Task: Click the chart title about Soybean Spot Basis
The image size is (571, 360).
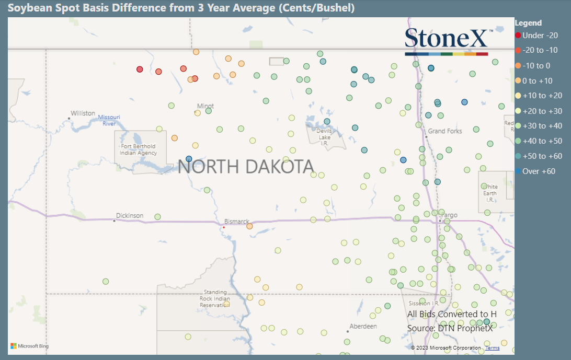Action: click(181, 8)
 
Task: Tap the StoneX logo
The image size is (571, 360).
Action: click(447, 41)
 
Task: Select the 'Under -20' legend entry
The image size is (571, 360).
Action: click(540, 36)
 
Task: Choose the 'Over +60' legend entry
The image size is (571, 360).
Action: click(539, 171)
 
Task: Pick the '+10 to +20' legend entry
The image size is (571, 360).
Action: click(542, 96)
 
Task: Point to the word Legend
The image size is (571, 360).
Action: click(528, 23)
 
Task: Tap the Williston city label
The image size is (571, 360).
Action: click(83, 113)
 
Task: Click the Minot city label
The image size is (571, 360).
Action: click(205, 106)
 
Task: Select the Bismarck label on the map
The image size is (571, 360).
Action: click(237, 222)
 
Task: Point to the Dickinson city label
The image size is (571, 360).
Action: click(130, 216)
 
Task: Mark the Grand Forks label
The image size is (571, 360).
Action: click(445, 131)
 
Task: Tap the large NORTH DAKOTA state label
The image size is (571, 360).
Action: click(246, 167)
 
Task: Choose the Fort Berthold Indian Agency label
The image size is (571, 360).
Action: click(139, 149)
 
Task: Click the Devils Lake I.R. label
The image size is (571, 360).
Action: click(325, 137)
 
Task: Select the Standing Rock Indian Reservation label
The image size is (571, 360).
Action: click(215, 298)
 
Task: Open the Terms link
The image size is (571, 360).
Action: click(492, 348)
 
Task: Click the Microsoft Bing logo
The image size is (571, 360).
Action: click(30, 346)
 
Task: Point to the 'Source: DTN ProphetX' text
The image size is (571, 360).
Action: click(450, 328)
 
